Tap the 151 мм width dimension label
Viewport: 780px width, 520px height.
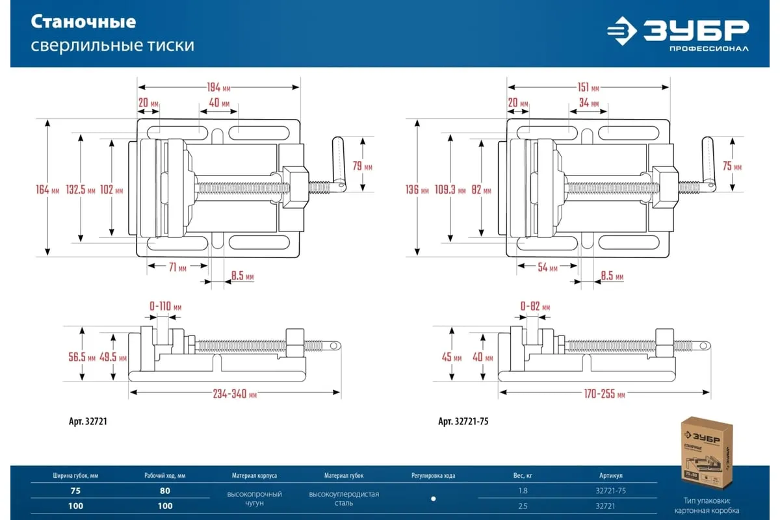[588, 88]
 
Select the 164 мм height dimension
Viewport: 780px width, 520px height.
[47, 190]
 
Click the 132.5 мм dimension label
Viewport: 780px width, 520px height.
[81, 190]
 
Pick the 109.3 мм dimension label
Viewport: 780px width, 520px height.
[450, 190]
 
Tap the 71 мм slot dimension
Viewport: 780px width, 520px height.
[177, 268]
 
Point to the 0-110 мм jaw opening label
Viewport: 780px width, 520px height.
[165, 306]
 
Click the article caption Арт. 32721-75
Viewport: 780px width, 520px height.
[463, 421]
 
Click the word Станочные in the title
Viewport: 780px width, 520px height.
[84, 22]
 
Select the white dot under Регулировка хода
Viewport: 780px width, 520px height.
[434, 499]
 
